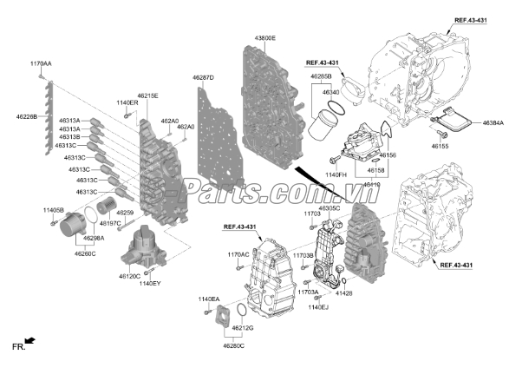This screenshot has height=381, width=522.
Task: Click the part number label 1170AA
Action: pos(41,64)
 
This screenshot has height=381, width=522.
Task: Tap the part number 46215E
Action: pos(147,95)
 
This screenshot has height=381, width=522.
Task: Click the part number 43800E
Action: pos(264,38)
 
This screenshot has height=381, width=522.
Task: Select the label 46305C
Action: pos(330,208)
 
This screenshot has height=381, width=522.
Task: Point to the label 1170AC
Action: pos(238,254)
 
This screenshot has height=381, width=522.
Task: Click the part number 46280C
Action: pos(233,345)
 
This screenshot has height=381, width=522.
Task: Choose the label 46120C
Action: pos(130,275)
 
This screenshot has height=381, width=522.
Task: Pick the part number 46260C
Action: pos(85,254)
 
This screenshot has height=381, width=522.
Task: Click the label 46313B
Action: pos(69,137)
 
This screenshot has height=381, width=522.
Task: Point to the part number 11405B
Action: pos(54,210)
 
